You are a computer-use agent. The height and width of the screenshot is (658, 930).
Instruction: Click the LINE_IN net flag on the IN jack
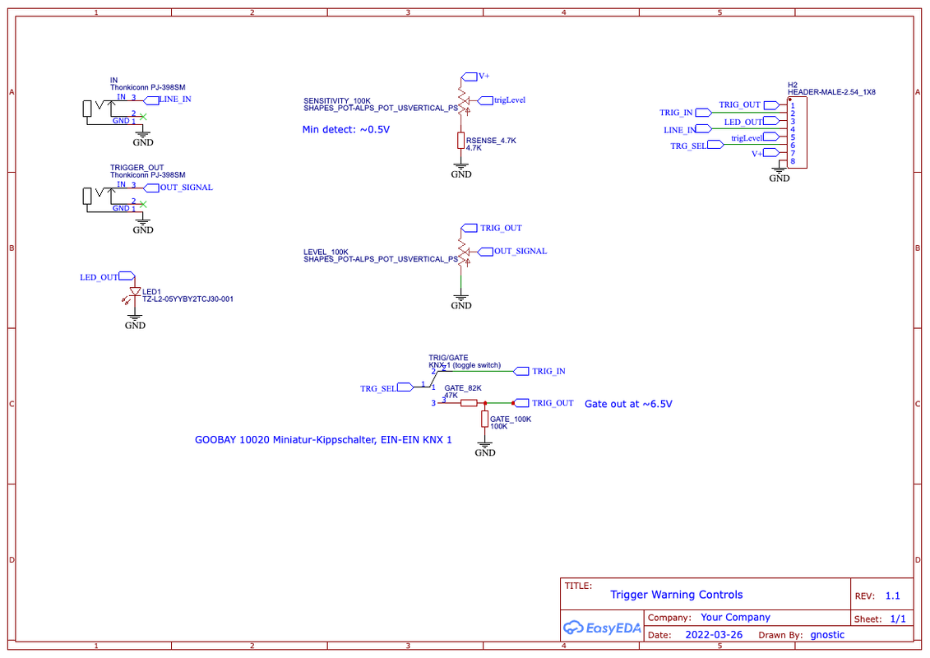(151, 100)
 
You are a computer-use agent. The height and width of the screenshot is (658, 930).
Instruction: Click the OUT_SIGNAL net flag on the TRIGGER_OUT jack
(151, 188)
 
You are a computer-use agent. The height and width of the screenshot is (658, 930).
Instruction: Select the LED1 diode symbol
(135, 292)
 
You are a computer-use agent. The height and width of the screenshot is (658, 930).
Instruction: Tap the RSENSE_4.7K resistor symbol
(460, 141)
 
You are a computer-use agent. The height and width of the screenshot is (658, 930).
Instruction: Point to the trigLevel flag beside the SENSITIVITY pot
(485, 101)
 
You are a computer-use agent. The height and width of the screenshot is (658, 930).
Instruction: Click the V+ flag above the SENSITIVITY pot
(470, 76)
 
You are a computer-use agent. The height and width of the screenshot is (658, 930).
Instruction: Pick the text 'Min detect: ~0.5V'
(346, 129)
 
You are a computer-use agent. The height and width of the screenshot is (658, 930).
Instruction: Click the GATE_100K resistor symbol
(484, 419)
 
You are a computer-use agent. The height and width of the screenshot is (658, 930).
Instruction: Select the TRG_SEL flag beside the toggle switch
(405, 387)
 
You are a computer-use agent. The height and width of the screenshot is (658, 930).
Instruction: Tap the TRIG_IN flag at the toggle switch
(521, 372)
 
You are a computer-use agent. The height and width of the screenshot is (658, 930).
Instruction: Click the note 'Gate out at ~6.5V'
(628, 404)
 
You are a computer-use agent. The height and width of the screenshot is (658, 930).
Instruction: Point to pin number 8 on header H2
(793, 161)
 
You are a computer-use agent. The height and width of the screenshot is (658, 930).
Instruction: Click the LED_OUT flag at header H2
(771, 121)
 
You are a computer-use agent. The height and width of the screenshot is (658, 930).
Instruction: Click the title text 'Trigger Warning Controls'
(676, 595)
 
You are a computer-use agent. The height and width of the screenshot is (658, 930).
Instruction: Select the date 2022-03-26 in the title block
(714, 635)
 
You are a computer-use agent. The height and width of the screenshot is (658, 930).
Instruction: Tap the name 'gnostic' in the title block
(826, 635)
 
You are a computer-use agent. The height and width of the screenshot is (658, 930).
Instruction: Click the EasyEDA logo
(602, 628)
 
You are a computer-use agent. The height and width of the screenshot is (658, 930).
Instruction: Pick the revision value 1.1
(892, 595)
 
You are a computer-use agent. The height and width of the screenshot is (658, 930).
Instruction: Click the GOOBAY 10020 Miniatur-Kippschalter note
(323, 440)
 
